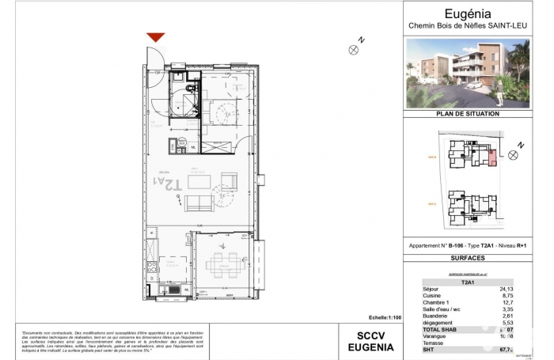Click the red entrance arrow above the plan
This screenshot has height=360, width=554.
tap(156, 37)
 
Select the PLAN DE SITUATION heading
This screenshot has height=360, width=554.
tap(468, 114)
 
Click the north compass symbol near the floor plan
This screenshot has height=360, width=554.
tap(354, 49)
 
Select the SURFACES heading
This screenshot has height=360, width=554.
tap(468, 258)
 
